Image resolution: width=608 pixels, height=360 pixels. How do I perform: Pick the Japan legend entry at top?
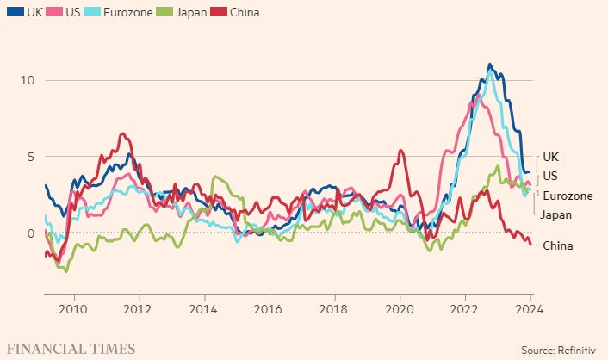pos(192,13)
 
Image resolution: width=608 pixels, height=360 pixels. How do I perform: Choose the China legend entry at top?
pos(244,13)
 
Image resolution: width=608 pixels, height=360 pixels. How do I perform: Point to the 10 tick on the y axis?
pos(27,80)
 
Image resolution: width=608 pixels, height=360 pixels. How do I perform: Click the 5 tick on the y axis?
pos(30,157)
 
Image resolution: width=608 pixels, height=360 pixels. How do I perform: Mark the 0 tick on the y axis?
pos(30,233)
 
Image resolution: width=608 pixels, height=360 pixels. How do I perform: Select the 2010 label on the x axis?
pos(74,310)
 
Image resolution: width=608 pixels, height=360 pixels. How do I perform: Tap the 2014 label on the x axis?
pos(204,310)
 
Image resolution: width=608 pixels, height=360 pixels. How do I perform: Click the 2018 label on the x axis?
pos(334,310)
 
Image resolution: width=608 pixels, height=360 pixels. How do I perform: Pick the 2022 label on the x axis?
pos(465,310)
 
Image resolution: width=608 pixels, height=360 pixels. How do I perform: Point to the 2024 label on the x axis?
pos(530,310)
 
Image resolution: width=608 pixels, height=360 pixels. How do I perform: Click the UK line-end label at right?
pos(552,158)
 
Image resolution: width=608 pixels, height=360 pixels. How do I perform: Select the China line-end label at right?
pos(558,245)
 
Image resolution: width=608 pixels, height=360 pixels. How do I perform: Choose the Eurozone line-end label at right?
pos(568,196)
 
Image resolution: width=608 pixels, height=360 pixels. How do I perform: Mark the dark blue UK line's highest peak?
pos(489,64)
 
